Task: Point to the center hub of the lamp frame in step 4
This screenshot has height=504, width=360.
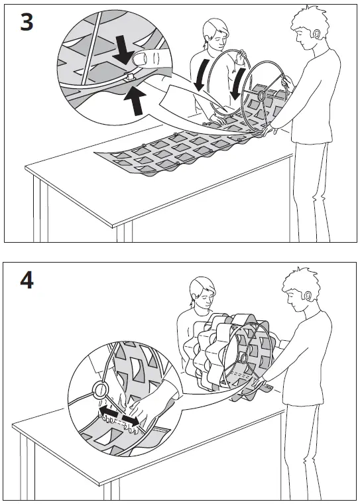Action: pyautogui.click(x=242, y=359)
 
